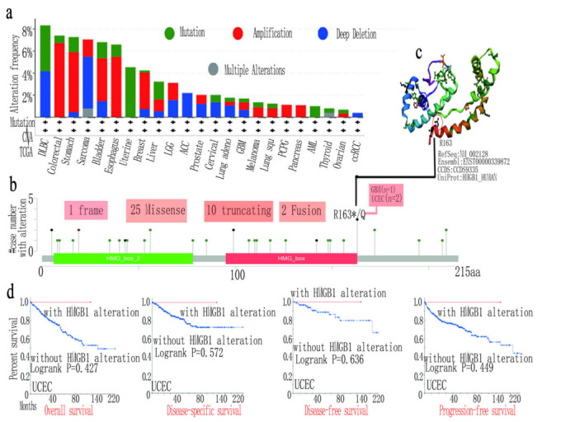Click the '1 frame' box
coord(84,211)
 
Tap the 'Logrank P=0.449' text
coord(462,369)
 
